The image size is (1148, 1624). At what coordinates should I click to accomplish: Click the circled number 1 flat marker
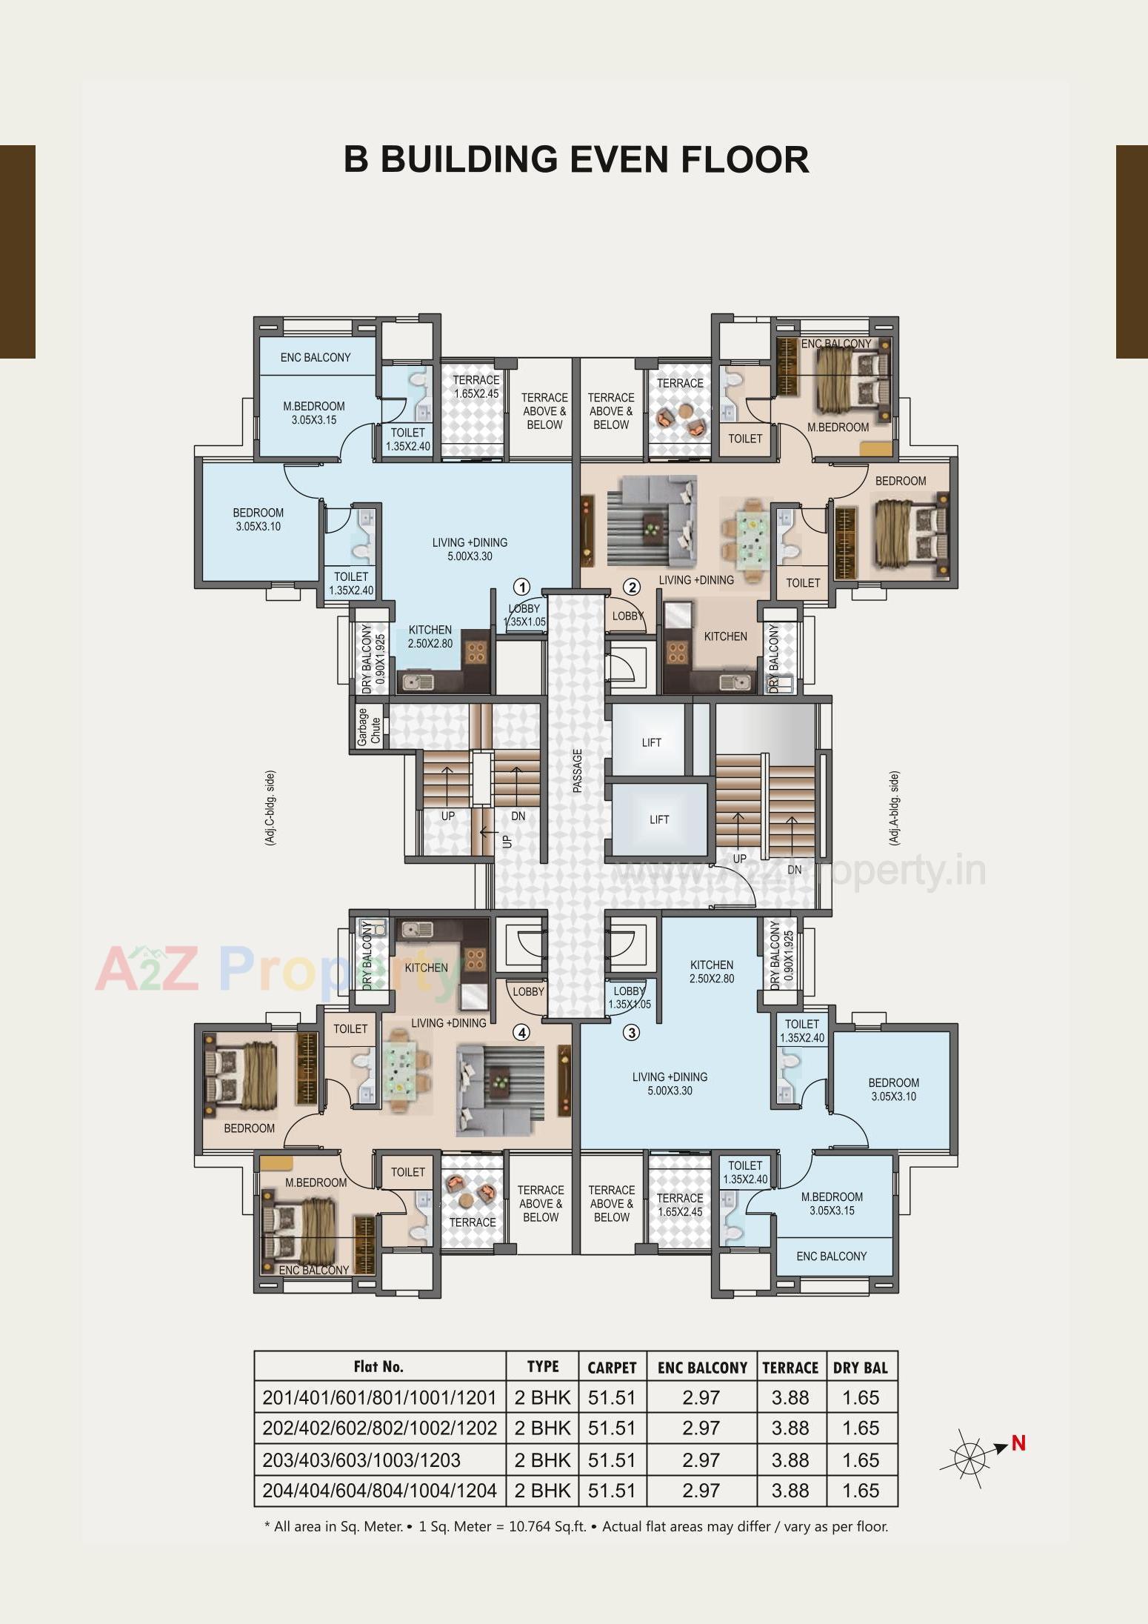[521, 588]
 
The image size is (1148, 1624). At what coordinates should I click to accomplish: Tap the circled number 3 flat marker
[631, 1032]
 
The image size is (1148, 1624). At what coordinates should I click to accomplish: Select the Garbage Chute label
[368, 727]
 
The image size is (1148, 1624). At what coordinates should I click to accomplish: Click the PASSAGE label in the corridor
[578, 771]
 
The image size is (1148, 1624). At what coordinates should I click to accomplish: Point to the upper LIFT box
[651, 742]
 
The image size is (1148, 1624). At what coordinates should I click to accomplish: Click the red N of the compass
[1018, 1442]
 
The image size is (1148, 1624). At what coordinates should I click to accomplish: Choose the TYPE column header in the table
[542, 1367]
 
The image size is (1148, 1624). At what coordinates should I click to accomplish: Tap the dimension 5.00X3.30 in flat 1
[470, 556]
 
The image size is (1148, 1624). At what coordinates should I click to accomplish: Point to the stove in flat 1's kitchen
[475, 651]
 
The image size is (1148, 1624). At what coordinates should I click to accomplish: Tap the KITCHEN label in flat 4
[426, 968]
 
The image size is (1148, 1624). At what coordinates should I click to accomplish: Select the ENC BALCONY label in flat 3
[831, 1256]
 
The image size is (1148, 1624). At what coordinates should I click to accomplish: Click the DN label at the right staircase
[794, 870]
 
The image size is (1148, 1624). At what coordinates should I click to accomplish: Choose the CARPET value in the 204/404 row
[611, 1491]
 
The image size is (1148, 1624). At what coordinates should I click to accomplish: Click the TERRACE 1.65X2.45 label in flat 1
[475, 387]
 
